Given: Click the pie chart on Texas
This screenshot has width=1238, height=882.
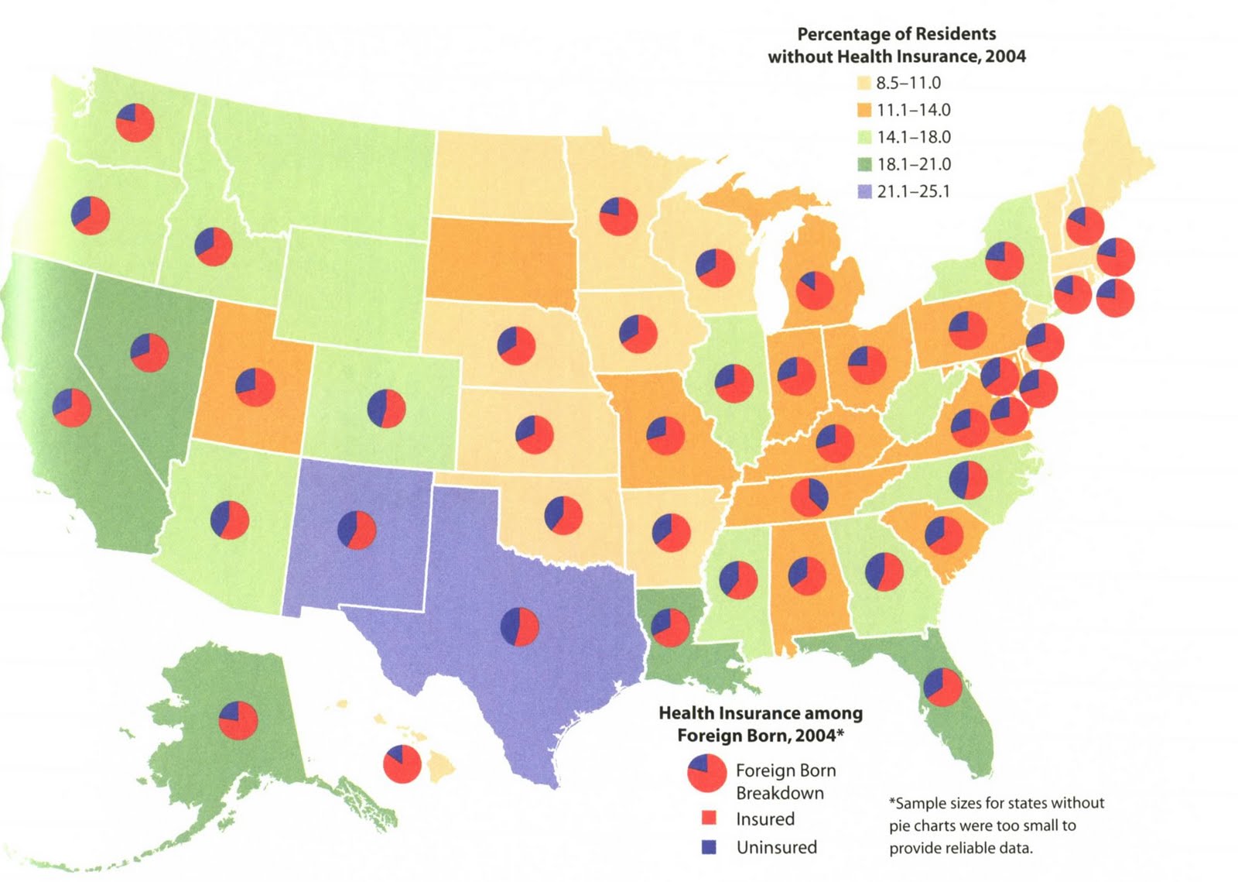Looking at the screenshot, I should [520, 626].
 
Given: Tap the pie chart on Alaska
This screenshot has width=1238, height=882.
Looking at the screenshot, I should [238, 720].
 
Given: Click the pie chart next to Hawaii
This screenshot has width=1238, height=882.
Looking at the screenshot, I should [402, 764].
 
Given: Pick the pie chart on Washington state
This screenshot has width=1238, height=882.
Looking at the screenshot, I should [135, 122].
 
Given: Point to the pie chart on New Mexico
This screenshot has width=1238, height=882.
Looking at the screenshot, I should [357, 530].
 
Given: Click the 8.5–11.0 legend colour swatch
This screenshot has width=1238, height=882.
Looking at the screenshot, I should [864, 84].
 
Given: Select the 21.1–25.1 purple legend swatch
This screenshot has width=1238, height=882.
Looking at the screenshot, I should [864, 191].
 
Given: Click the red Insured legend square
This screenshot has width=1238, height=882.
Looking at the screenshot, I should [709, 819].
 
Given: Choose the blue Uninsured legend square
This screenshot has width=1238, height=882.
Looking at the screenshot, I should [709, 847].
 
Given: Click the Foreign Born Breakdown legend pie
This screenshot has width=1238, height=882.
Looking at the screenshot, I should [706, 774].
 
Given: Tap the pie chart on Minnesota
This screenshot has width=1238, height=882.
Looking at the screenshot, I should [618, 216].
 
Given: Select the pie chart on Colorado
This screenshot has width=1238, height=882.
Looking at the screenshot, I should [386, 408].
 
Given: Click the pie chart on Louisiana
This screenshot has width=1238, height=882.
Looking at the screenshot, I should [669, 627].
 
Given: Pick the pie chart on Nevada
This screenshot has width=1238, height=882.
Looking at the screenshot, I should [149, 352].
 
